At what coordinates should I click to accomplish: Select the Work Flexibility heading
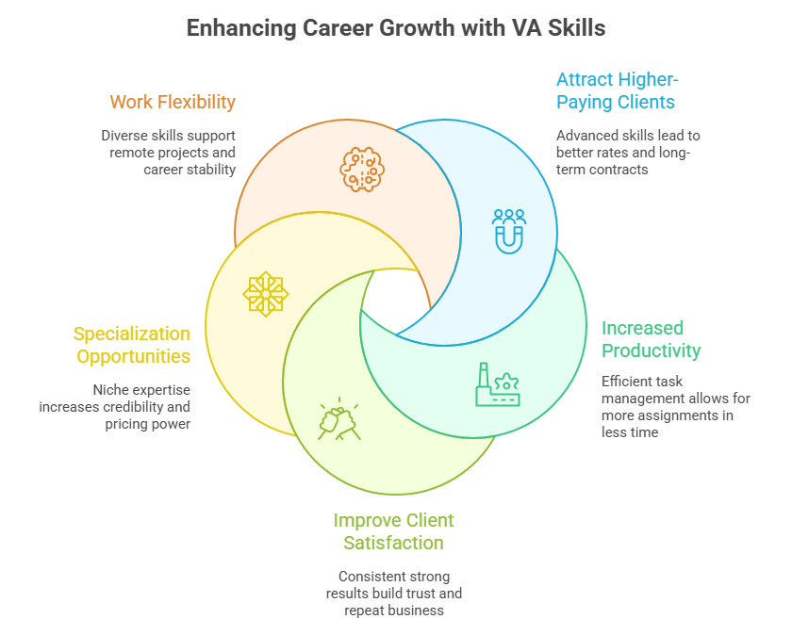(x=173, y=102)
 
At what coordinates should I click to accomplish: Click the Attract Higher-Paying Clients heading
(x=616, y=90)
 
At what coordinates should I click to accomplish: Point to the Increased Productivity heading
(x=652, y=339)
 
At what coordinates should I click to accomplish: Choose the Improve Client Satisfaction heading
(x=393, y=531)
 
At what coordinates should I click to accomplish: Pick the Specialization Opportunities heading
(x=132, y=344)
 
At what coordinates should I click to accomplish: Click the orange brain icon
(x=362, y=170)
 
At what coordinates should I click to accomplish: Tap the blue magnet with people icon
(x=509, y=230)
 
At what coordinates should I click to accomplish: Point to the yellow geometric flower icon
(x=266, y=293)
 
